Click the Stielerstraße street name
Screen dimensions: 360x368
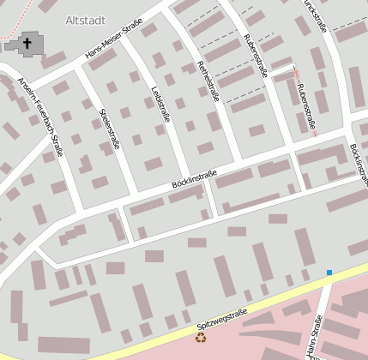click(109, 129)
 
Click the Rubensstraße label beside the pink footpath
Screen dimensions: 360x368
click(306, 109)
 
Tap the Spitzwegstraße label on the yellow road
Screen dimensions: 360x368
click(221, 319)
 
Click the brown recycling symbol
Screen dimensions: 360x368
click(200, 338)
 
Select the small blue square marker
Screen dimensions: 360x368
click(329, 273)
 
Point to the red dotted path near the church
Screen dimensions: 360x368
click(10, 34)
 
